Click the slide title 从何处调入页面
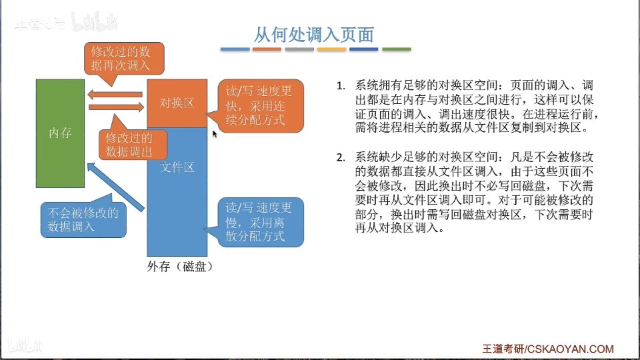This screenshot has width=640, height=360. pyautogui.click(x=314, y=35)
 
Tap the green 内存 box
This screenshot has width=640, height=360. pyautogui.click(x=61, y=133)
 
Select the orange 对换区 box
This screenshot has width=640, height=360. pyautogui.click(x=177, y=103)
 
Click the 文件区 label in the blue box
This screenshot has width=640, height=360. pyautogui.click(x=177, y=167)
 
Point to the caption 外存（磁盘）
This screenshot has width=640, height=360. pyautogui.click(x=180, y=266)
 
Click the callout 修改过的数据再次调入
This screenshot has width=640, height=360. pyautogui.click(x=124, y=59)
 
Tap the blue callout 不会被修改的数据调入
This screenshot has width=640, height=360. pyautogui.click(x=83, y=219)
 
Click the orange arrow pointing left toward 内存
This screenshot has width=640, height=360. pyautogui.click(x=115, y=95)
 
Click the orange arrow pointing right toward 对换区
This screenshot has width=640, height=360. pyautogui.click(x=116, y=107)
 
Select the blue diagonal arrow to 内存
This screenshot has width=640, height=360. pyautogui.click(x=115, y=187)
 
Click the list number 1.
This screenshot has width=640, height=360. pyautogui.click(x=341, y=86)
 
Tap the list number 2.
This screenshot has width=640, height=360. pyautogui.click(x=341, y=157)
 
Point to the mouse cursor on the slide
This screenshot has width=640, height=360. pyautogui.click(x=215, y=134)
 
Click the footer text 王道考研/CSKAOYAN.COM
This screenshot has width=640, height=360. pyautogui.click(x=548, y=349)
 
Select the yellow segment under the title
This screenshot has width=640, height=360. pyautogui.click(x=332, y=49)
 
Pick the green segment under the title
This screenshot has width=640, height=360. pyautogui.click(x=396, y=49)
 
